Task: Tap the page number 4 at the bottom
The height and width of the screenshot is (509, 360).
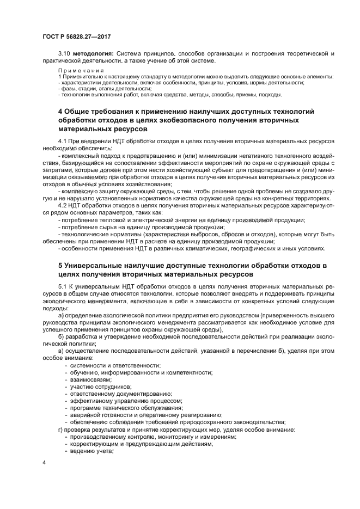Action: tap(44, 462)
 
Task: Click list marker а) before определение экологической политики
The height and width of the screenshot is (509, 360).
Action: tap(61, 315)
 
